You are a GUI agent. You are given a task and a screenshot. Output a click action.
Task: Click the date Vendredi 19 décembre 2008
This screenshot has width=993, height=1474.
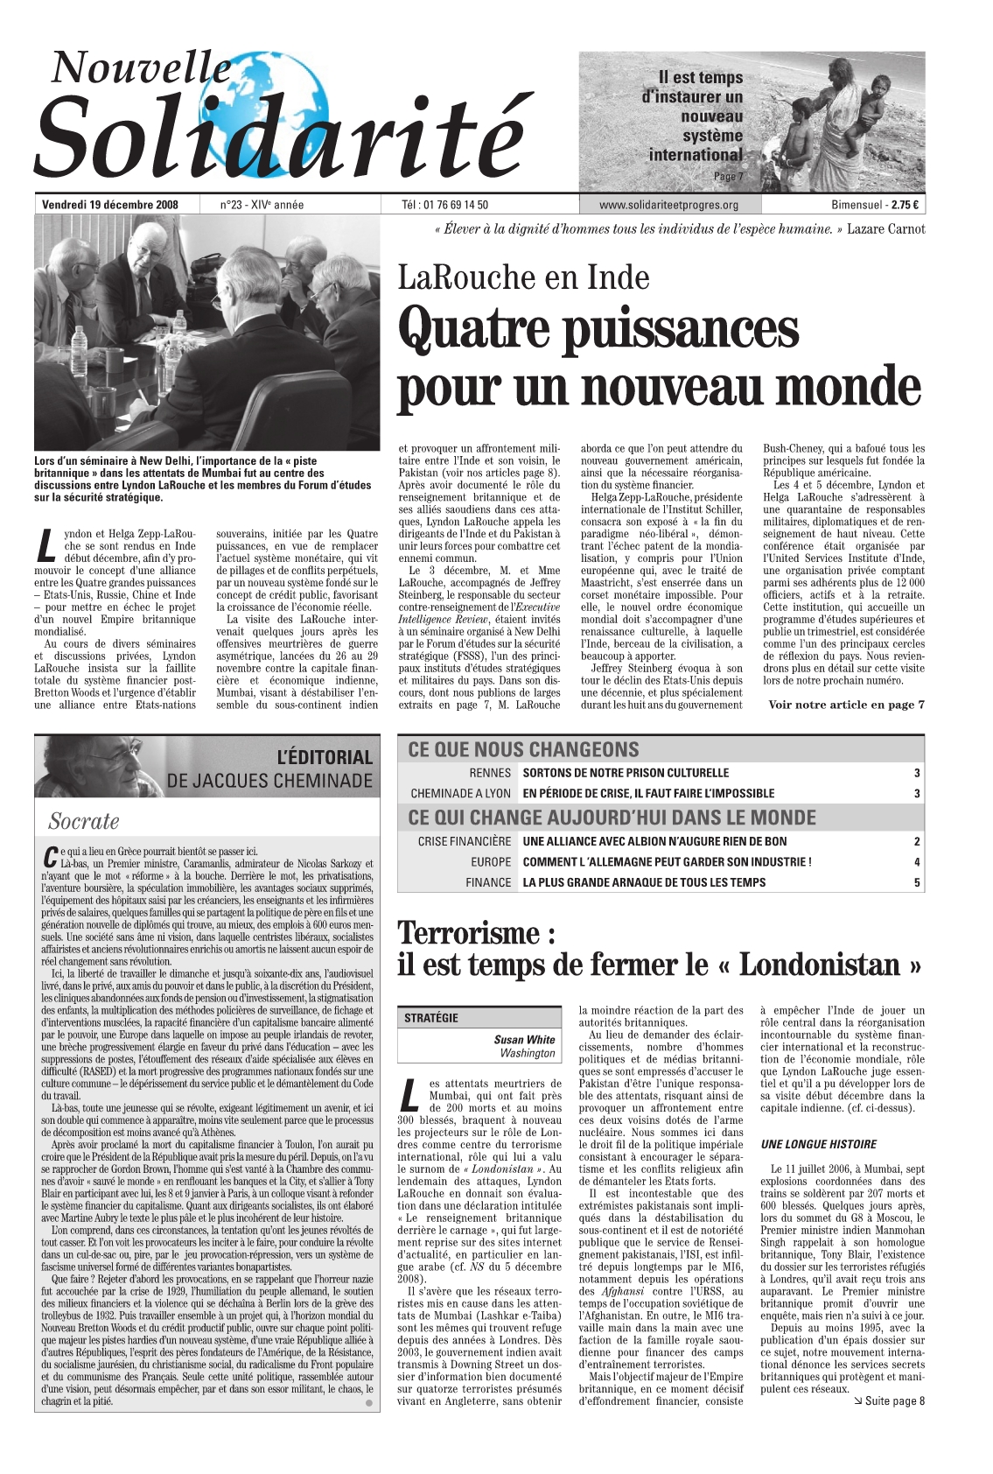(109, 206)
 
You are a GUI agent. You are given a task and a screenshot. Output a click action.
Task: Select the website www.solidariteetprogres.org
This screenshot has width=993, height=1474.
(668, 206)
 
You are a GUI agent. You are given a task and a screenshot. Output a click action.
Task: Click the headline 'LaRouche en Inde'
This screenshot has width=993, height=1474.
(523, 277)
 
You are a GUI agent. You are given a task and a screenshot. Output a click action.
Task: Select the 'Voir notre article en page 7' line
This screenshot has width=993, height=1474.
(846, 705)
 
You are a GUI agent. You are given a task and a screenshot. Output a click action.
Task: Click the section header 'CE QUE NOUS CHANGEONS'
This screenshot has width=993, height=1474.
(523, 749)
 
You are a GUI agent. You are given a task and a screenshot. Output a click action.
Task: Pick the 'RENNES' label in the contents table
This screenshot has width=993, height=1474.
(490, 773)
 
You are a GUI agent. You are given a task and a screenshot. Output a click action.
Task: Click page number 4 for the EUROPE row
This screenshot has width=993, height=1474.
(916, 862)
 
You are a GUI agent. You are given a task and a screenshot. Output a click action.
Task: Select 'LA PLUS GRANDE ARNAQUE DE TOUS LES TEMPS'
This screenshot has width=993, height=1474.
(644, 882)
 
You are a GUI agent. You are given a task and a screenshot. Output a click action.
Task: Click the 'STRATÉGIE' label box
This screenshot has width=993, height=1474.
(431, 1018)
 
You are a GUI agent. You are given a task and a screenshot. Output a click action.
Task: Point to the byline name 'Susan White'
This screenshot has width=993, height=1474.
(524, 1040)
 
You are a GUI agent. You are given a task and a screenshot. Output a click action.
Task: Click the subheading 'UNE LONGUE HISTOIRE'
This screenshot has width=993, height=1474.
(818, 1144)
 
